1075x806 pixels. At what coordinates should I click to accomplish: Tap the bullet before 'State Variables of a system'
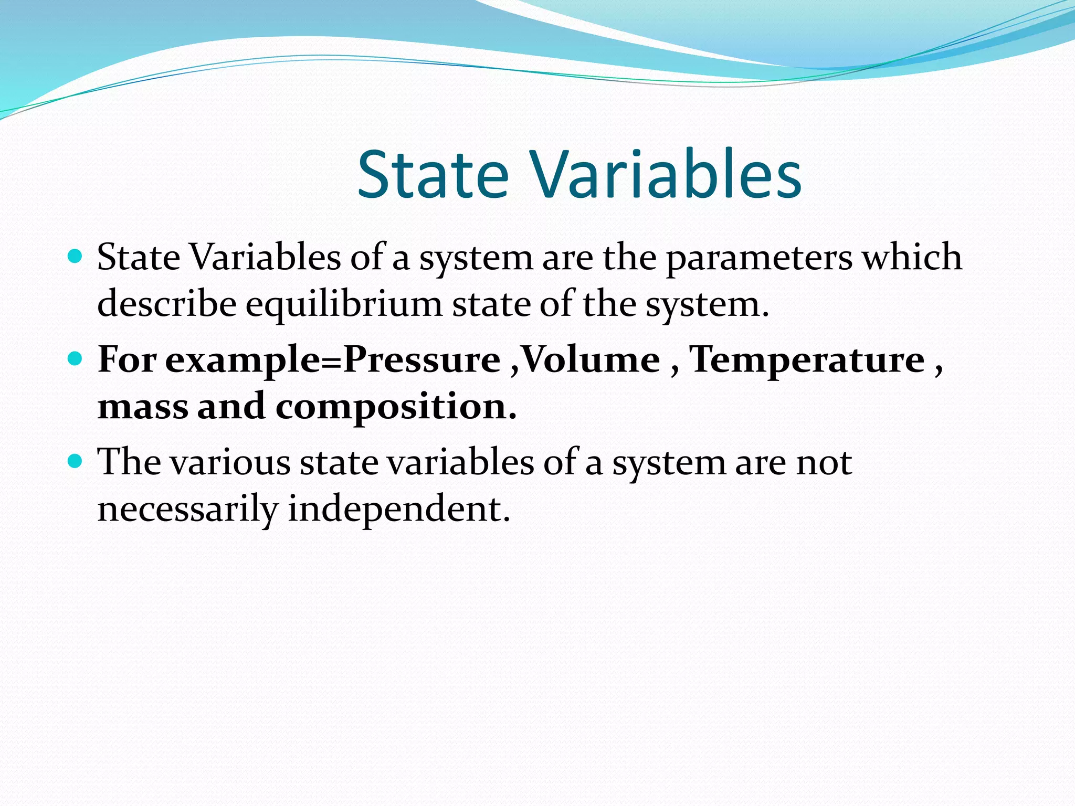pos(76,257)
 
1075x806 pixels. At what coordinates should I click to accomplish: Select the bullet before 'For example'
pos(76,359)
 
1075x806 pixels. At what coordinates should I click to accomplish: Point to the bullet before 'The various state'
pos(76,461)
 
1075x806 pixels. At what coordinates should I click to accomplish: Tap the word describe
pos(167,304)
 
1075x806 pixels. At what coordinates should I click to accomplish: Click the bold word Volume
pos(591,360)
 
